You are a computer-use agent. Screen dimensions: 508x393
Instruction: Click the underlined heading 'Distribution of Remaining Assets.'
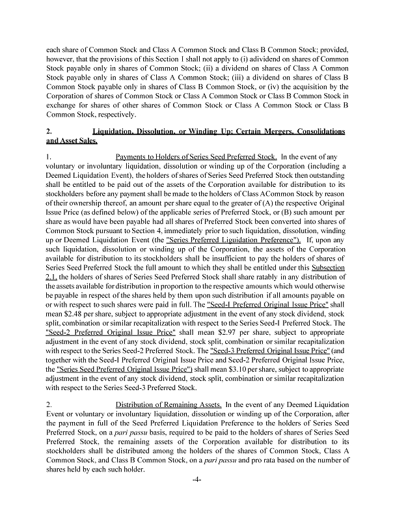(169, 404)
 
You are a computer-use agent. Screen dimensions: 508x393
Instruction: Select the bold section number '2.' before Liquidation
(49, 132)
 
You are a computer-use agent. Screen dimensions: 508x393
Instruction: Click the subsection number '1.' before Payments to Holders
(49, 157)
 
